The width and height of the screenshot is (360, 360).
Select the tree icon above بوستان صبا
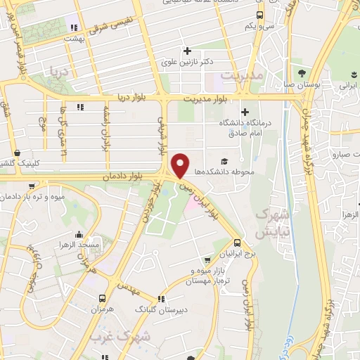click(302, 72)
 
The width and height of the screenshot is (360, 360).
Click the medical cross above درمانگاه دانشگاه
click(244, 111)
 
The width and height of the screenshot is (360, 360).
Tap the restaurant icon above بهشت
click(73, 27)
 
